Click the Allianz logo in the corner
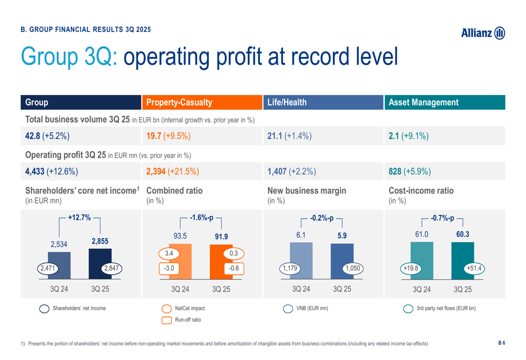(x=483, y=33)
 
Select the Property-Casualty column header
(x=202, y=102)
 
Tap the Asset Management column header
(x=444, y=102)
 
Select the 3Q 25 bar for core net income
(x=100, y=263)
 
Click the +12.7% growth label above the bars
(x=79, y=217)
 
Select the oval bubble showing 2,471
(x=47, y=268)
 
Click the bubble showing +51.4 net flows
(x=474, y=268)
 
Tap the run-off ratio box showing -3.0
(x=169, y=268)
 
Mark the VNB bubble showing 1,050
(x=352, y=268)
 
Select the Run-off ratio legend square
(x=167, y=320)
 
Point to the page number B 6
(x=501, y=343)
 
